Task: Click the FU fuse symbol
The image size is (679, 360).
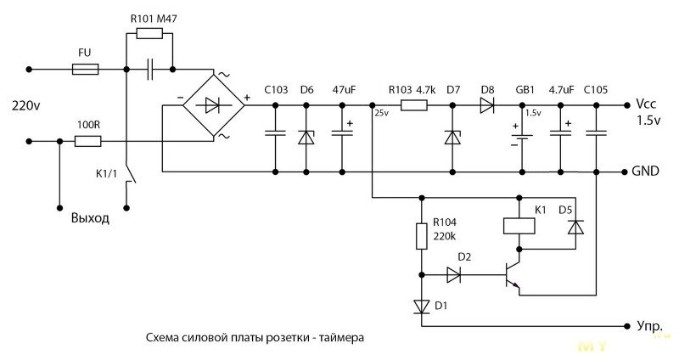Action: point(86,70)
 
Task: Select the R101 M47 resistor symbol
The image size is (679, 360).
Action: point(149,33)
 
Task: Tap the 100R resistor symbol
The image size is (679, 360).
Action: point(88,141)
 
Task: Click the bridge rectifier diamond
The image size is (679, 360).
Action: point(214,104)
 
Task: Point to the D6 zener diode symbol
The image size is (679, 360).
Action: point(306,138)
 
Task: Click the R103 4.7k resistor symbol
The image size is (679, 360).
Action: point(414,105)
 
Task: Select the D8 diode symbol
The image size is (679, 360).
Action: point(487,105)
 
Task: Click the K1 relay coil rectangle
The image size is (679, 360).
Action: point(519,226)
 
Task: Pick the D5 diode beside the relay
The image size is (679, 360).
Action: point(575,227)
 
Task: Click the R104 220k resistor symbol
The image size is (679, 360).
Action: point(421,236)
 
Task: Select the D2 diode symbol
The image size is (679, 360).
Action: point(453,274)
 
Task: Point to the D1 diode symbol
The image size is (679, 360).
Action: point(421,307)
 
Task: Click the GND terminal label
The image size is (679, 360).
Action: point(645,172)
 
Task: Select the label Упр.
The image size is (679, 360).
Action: point(649,326)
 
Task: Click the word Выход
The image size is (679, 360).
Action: point(90,217)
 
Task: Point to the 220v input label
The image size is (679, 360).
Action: point(26,105)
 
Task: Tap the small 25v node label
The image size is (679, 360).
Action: point(381,114)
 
